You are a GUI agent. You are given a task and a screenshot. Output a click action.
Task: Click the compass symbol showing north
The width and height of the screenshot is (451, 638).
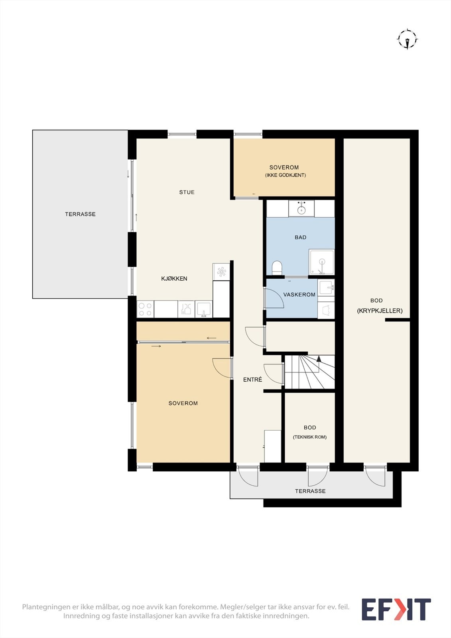[x=408, y=39]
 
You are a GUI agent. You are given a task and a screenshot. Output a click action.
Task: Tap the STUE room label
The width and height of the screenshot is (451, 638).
[x=187, y=192]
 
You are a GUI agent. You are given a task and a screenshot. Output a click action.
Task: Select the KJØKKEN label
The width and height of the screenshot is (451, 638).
[x=174, y=279]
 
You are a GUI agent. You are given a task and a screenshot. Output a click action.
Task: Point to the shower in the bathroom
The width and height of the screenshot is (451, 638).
[x=322, y=262]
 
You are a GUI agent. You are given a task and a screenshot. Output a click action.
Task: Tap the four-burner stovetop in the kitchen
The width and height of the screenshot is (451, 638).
[x=145, y=309]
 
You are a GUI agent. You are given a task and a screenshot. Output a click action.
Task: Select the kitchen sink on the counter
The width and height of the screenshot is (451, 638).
[x=204, y=309]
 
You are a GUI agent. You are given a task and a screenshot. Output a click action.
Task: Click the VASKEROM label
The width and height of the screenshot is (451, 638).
[x=299, y=295]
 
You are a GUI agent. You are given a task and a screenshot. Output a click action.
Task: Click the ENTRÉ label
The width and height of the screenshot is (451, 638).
[x=252, y=379]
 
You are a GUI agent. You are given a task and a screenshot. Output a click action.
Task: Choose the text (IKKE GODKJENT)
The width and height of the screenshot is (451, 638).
[x=286, y=175]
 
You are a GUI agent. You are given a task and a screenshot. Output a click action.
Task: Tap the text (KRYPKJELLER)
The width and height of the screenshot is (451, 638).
[x=380, y=311]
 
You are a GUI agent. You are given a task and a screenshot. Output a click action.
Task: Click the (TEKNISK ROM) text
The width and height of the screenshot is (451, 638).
[x=310, y=437]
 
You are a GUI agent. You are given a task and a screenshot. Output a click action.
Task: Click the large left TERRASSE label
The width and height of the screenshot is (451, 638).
[x=80, y=214]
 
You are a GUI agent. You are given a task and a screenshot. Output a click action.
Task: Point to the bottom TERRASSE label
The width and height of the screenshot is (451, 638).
[x=310, y=491]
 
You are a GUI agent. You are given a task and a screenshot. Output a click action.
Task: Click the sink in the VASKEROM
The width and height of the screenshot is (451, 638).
[x=326, y=287]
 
